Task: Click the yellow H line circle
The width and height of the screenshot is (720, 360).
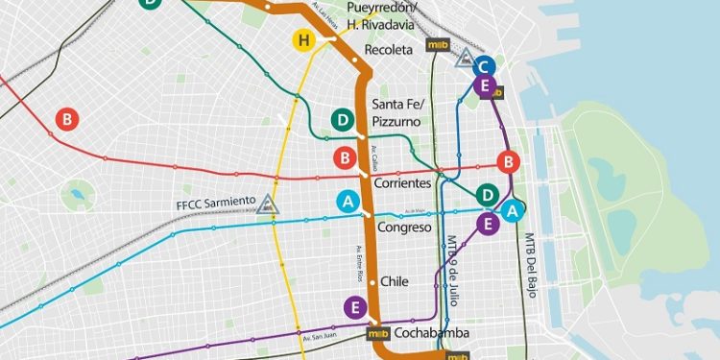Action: (304, 40)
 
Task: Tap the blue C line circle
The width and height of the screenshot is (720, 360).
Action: (486, 65)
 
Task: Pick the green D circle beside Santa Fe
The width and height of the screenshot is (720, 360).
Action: (343, 120)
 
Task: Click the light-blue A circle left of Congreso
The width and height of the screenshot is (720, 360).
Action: (348, 203)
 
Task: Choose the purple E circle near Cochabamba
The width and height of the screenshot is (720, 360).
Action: (355, 308)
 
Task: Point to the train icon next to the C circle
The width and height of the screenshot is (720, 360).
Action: (465, 58)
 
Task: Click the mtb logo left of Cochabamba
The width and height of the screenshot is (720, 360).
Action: (379, 334)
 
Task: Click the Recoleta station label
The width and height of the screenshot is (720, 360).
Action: (388, 49)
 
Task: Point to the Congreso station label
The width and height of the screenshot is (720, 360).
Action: (403, 228)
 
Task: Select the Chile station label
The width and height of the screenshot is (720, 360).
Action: (395, 281)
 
